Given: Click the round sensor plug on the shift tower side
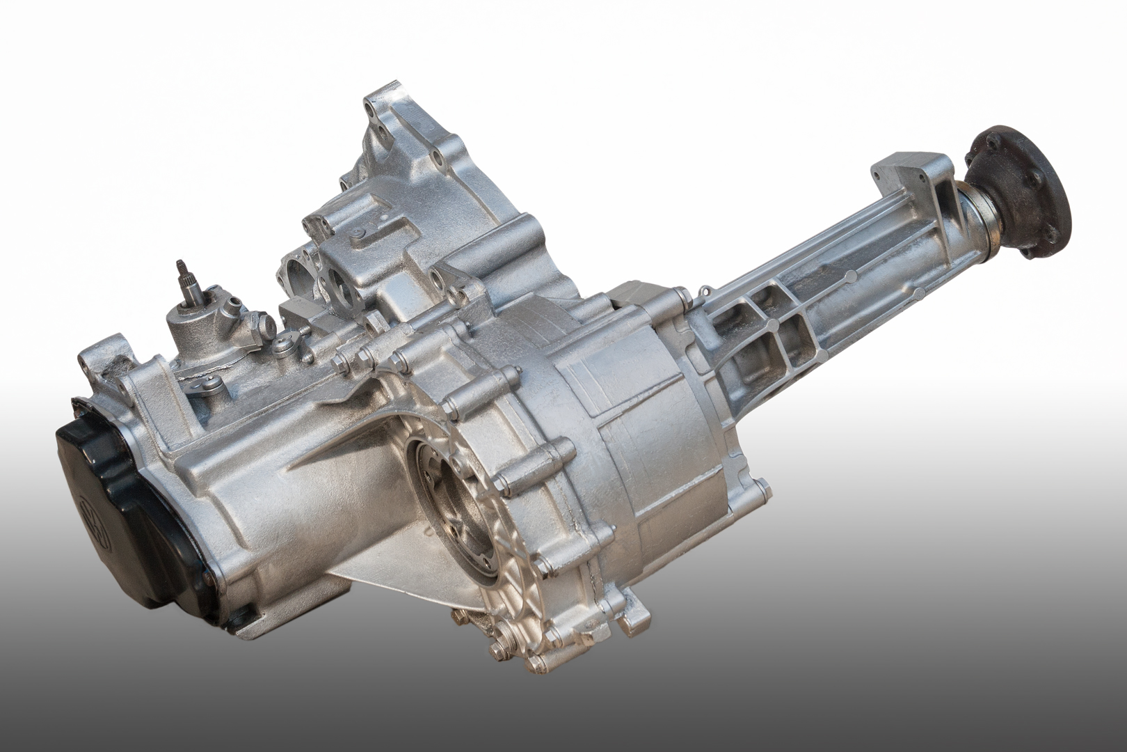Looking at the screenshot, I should click(x=263, y=324).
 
